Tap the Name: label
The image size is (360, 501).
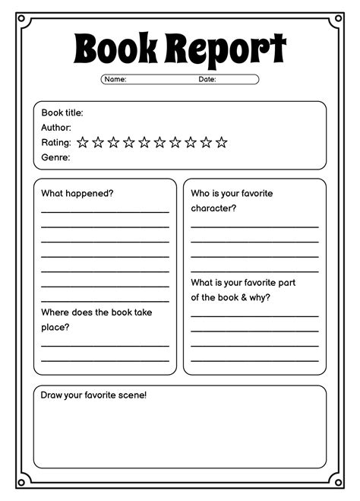[x=115, y=79]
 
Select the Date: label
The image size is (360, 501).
[x=207, y=79]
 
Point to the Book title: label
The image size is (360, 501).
[x=62, y=113]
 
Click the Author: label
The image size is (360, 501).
[x=56, y=128]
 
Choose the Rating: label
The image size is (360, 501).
[x=56, y=142]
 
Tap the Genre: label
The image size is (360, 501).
[x=55, y=157]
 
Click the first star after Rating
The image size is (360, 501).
[x=83, y=142]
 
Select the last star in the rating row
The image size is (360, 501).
[x=221, y=142]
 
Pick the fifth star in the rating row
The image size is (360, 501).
[x=144, y=142]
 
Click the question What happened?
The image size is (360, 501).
[x=77, y=193]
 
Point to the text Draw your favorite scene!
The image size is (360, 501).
[x=94, y=395]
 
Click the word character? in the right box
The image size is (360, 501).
[x=213, y=208]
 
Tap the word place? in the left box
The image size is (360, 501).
[x=55, y=327]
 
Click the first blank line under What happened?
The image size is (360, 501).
[x=105, y=212]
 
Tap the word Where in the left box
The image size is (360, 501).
[x=55, y=312]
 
